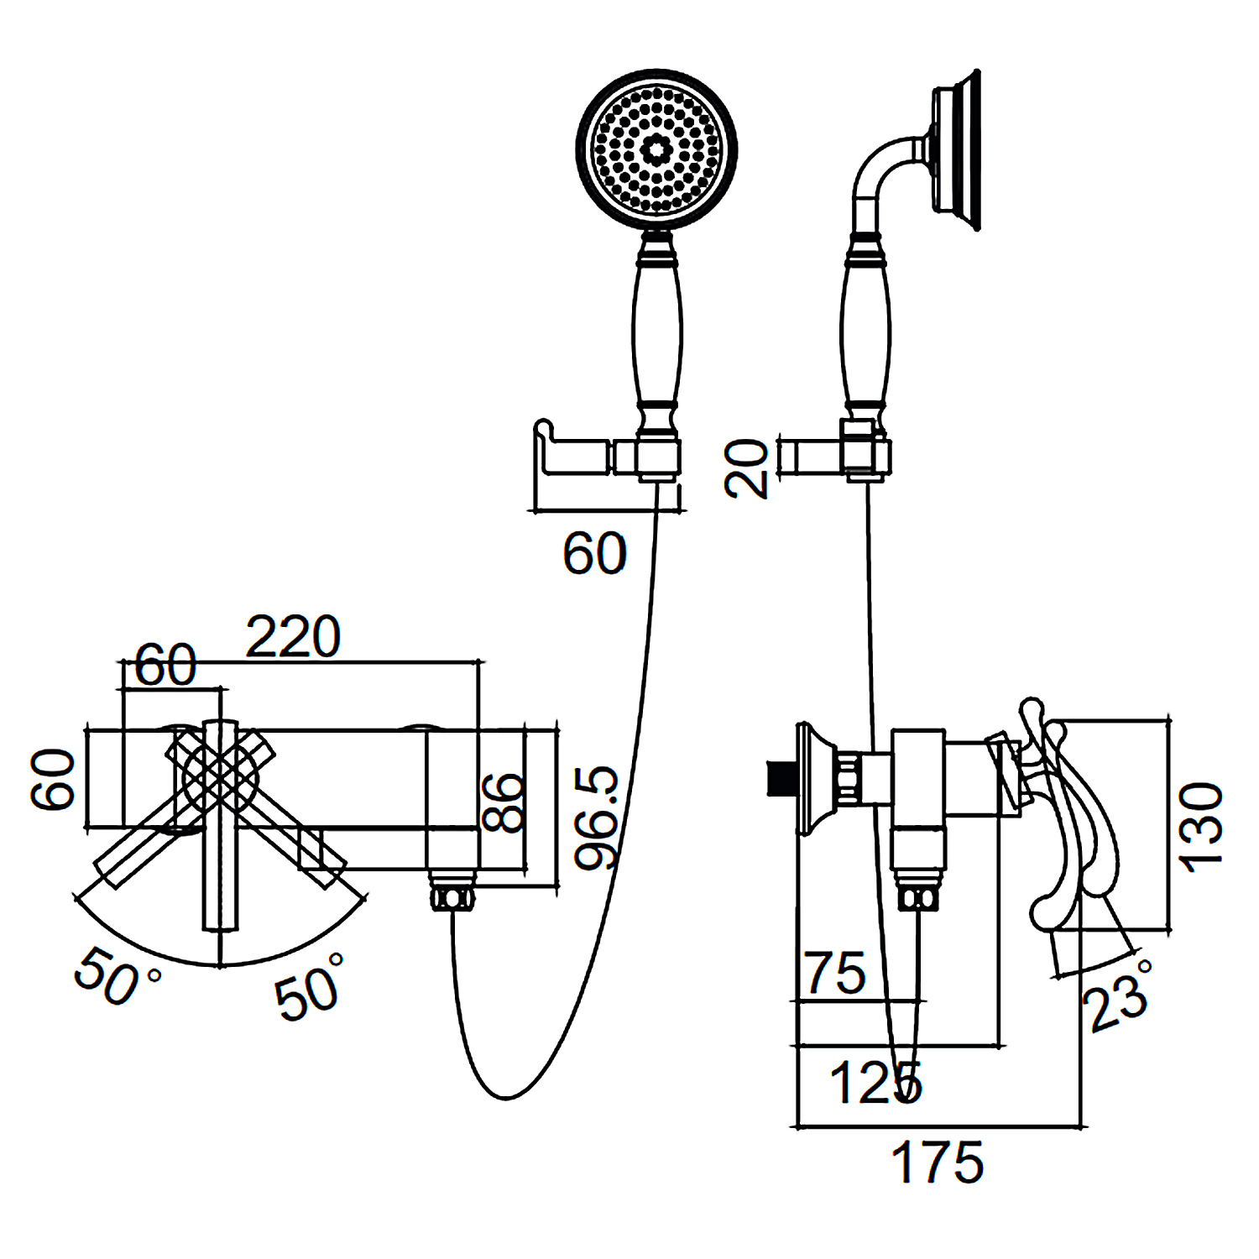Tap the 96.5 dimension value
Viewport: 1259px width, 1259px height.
pos(597,818)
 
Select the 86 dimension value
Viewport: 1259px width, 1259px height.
pos(504,802)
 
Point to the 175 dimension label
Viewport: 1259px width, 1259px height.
pos(937,1162)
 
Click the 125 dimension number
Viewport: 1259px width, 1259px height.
pos(875,1082)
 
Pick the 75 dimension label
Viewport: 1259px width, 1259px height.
pos(835,973)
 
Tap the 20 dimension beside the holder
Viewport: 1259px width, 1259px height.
pos(746,468)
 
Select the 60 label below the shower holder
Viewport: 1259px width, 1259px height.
pos(594,553)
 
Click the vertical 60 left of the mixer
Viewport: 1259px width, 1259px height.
pos(53,780)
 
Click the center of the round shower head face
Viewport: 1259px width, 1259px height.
pos(656,149)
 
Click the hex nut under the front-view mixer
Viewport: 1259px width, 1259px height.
pos(452,896)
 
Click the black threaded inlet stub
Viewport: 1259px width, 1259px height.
pos(781,777)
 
